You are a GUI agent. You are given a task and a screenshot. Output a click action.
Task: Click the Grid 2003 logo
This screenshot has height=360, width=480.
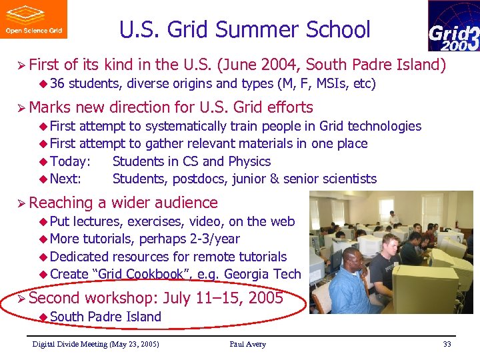pos(453,27)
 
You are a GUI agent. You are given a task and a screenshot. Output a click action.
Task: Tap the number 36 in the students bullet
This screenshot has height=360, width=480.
pos(57,84)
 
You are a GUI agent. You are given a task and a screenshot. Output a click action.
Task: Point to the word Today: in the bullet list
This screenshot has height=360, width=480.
pos(69,161)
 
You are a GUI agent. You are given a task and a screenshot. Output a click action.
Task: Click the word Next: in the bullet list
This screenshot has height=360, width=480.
pos(65,179)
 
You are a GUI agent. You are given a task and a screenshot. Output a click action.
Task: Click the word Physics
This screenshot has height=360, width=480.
pos(249,161)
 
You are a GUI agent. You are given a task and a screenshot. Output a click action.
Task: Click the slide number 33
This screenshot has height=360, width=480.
pos(447,344)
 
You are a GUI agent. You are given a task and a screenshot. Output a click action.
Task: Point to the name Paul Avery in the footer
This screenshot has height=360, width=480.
pos(247,344)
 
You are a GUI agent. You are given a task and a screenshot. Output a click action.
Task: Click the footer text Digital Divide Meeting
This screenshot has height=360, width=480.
pos(76,344)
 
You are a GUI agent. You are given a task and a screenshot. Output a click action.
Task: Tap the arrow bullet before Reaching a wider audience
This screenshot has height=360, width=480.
pos(21,203)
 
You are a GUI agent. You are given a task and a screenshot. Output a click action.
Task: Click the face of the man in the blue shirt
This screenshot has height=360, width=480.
pos(355,259)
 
